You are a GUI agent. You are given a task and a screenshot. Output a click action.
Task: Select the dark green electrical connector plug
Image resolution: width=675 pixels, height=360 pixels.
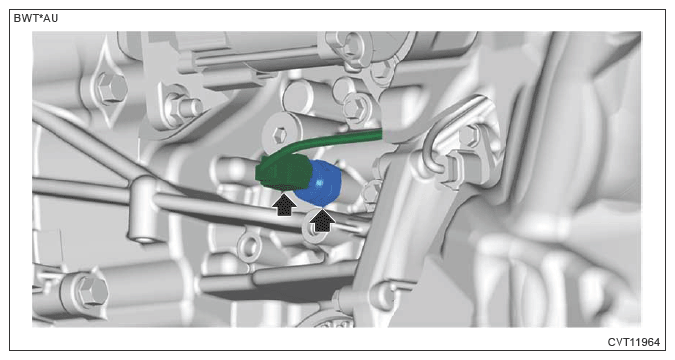point(281,173)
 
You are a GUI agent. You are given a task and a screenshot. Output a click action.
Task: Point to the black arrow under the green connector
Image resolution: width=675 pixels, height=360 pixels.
point(284,205)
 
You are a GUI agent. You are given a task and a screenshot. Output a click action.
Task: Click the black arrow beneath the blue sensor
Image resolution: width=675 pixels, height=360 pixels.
point(322,221)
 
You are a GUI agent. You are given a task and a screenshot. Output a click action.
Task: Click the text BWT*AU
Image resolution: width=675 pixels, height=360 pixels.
point(36,19)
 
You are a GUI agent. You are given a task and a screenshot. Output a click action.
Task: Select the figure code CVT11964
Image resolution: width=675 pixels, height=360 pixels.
point(633,342)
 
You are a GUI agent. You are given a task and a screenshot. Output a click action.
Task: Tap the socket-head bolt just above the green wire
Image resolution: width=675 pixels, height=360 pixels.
point(279,134)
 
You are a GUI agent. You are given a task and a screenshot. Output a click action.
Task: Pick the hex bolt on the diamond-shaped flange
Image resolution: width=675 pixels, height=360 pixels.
point(111,87)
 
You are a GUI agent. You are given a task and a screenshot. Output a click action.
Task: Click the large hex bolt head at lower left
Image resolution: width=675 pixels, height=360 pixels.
point(91,290)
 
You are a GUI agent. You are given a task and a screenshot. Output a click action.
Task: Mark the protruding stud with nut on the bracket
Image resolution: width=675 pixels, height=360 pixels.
point(186,107)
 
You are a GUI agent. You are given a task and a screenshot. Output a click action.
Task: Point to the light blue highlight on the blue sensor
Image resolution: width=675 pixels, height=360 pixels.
point(319,183)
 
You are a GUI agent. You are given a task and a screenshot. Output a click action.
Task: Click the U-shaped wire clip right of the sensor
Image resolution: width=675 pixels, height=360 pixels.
point(435,142)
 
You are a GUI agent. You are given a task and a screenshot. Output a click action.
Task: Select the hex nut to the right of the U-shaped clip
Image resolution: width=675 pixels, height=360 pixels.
point(468,136)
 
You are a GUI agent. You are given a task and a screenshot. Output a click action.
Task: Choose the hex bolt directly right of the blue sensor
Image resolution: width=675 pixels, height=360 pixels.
point(371,191)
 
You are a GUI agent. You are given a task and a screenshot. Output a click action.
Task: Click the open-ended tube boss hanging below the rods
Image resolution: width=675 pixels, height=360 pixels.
point(141,235)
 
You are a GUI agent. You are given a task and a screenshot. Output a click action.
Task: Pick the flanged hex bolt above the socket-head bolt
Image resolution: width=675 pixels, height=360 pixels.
point(356,107)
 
